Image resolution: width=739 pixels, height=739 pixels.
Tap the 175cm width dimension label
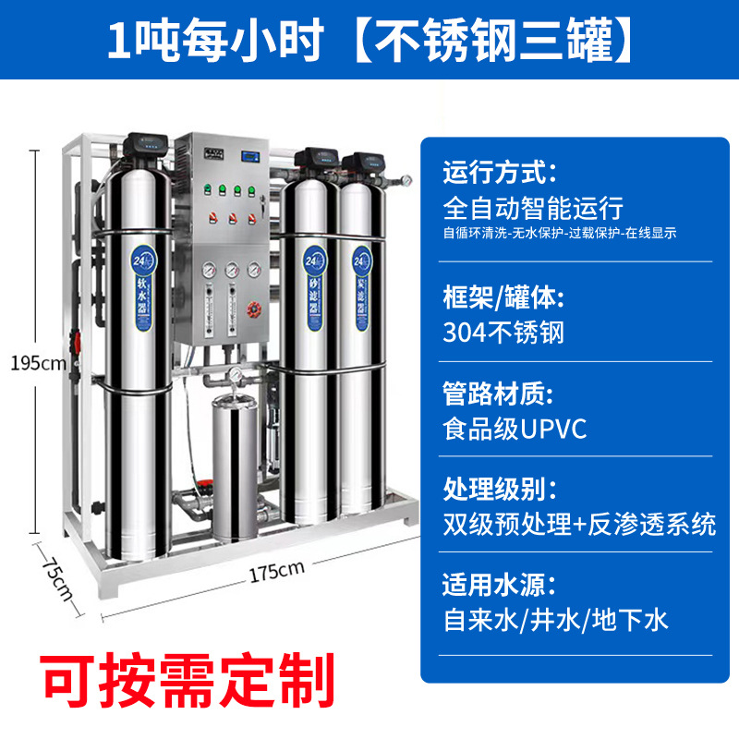(x=276, y=571)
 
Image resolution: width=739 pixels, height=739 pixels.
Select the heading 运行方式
(x=500, y=173)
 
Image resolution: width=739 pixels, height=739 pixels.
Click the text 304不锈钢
(x=503, y=332)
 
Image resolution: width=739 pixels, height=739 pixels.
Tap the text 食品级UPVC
(x=515, y=429)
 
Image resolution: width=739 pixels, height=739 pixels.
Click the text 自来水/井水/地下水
(x=555, y=620)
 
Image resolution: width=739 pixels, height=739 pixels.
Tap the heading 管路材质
(x=500, y=394)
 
